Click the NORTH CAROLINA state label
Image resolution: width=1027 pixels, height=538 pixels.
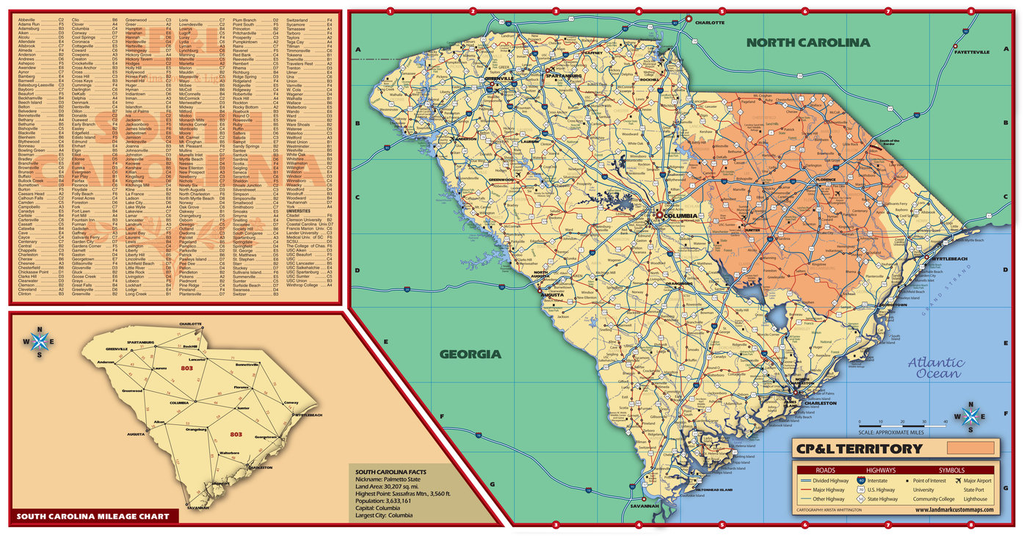[x=808, y=43]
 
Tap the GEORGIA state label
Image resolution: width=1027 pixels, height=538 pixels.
[x=470, y=354]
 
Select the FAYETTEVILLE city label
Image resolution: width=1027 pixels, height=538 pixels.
[x=972, y=52]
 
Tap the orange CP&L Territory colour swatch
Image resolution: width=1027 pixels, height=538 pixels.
[x=970, y=448]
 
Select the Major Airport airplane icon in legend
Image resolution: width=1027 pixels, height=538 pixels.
[x=959, y=481]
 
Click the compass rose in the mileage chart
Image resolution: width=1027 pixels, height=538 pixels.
[x=41, y=341]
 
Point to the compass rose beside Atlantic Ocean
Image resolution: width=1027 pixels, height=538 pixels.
[x=970, y=416]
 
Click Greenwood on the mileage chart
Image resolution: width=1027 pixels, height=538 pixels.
[x=132, y=390]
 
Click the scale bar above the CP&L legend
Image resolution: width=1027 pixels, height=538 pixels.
[x=901, y=426]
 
